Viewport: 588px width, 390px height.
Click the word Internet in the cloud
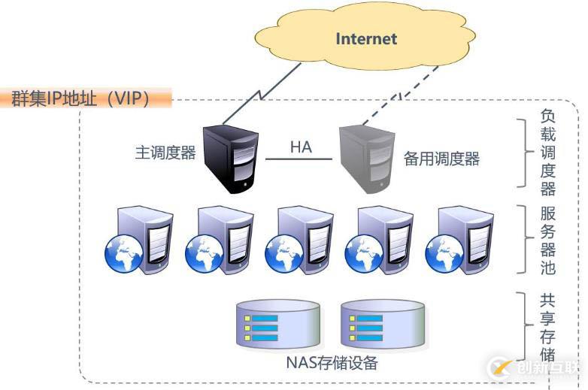pyautogui.click(x=366, y=38)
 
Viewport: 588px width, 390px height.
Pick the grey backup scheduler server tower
pyautogui.click(x=366, y=158)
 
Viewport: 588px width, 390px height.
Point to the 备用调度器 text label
pyautogui.click(x=441, y=159)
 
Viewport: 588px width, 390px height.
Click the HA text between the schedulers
pyautogui.click(x=301, y=147)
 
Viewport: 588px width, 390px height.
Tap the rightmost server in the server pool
pyautogui.click(x=459, y=239)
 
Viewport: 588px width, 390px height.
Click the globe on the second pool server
pyautogui.click(x=202, y=254)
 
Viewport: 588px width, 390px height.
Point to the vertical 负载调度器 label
pyautogui.click(x=548, y=153)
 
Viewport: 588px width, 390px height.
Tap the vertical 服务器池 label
pyautogui.click(x=548, y=240)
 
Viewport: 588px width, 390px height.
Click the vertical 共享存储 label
pyautogui.click(x=548, y=326)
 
